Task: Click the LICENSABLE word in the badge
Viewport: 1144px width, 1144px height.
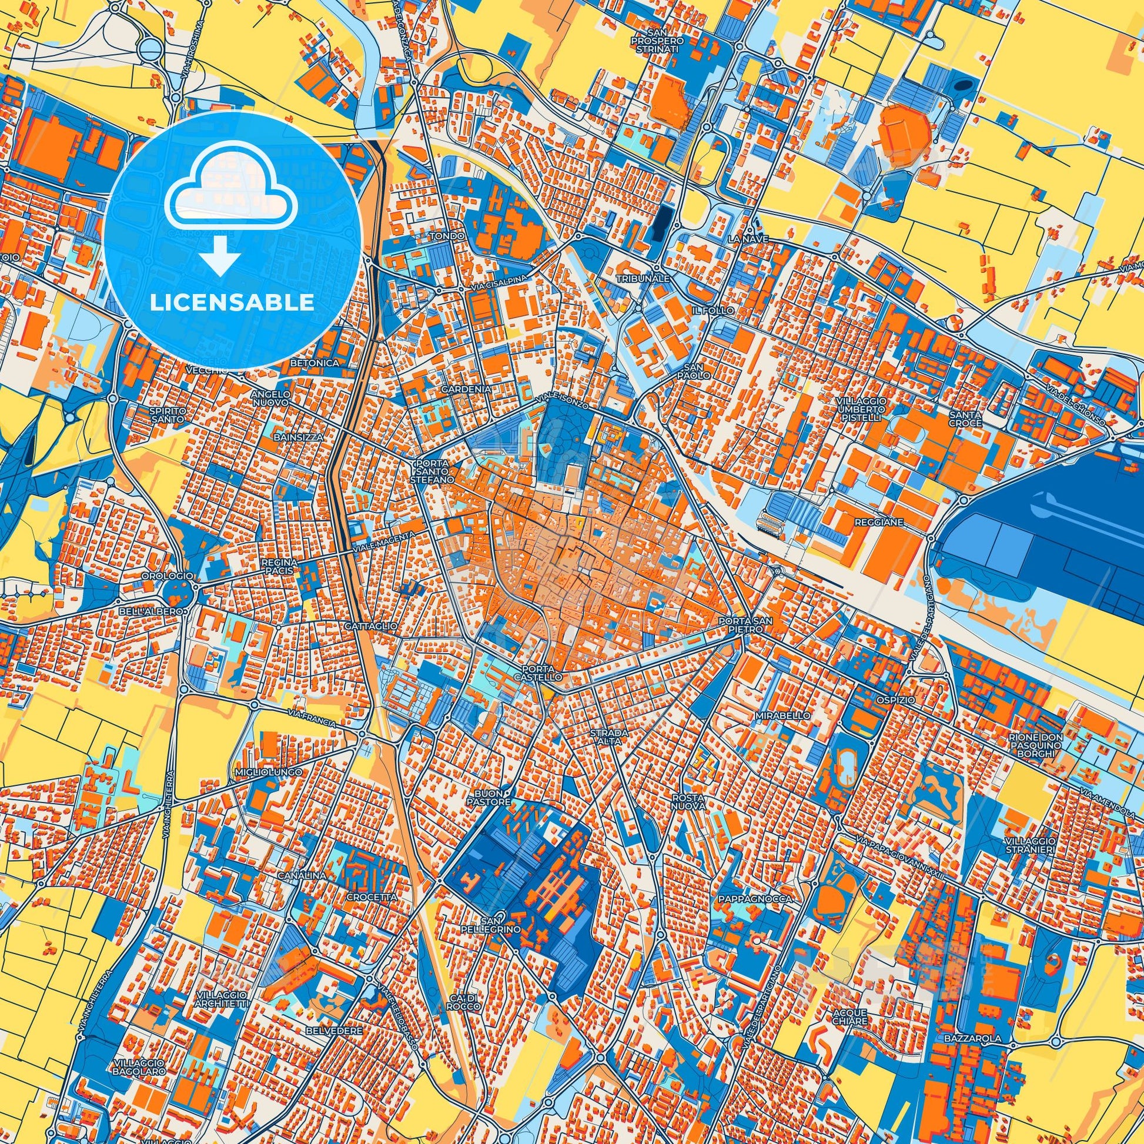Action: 232,303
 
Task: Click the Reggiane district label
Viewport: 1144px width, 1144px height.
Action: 878,523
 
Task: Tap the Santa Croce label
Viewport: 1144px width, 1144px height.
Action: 965,419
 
